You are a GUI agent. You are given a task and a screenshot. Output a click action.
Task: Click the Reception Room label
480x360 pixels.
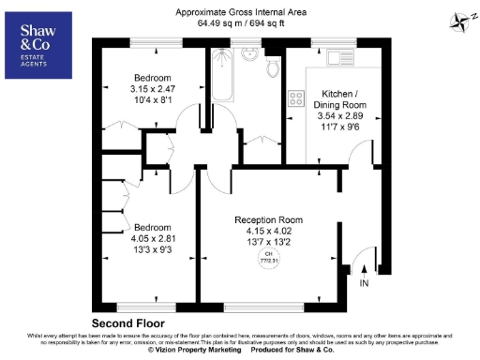coord(274,220)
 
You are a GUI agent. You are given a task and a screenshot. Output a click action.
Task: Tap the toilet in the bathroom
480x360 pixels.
coord(272,67)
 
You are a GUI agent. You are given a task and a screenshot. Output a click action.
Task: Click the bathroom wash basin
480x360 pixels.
coord(248,54)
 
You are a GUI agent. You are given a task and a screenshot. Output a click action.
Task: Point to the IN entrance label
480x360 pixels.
coord(364,282)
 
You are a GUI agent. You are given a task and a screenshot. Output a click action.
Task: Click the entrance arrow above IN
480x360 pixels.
coord(364,268)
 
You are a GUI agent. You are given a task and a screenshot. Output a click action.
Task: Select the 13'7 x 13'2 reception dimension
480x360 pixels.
coord(274,241)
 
